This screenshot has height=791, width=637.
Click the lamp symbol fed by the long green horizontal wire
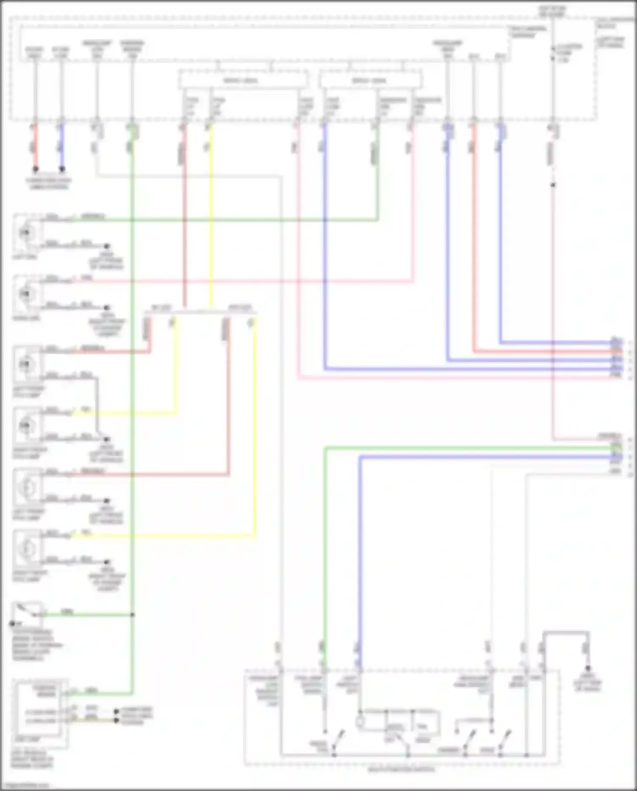click(x=27, y=232)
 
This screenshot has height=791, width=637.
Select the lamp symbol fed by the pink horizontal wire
click(x=27, y=294)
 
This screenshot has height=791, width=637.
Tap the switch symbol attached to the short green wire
click(x=27, y=614)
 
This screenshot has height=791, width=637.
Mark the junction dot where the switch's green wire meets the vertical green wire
click(x=132, y=615)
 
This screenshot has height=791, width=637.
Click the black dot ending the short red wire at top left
click(x=36, y=169)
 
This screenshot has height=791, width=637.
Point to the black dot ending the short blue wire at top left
click(x=62, y=169)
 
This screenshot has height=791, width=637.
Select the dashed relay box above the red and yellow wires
click(x=243, y=80)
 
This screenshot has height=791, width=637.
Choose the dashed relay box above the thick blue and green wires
click(x=370, y=80)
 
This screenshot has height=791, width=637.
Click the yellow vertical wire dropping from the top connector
click(x=211, y=213)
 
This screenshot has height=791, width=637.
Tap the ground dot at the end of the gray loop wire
click(x=588, y=668)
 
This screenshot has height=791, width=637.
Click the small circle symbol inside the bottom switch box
click(x=360, y=722)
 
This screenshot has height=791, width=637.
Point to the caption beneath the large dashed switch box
click(x=401, y=770)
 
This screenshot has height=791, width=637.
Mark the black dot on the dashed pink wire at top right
click(x=552, y=185)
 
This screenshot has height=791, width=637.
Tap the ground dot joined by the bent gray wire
click(x=107, y=439)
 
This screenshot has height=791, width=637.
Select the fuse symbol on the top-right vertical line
click(x=553, y=53)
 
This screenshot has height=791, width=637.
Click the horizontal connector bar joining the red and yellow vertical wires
click(x=200, y=313)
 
